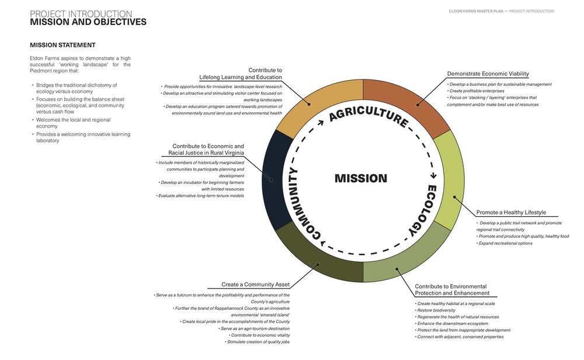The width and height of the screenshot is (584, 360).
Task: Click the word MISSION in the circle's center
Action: click(361, 178)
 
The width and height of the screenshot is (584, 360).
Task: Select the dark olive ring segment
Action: click(315, 257)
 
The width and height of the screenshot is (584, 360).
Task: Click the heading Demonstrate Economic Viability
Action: click(488, 74)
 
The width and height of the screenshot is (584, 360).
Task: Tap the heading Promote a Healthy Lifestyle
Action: click(511, 212)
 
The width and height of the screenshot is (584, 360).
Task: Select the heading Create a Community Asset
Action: click(255, 285)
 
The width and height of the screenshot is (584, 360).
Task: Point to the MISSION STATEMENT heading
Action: click(62, 45)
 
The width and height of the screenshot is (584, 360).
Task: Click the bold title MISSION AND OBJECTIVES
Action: click(88, 22)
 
